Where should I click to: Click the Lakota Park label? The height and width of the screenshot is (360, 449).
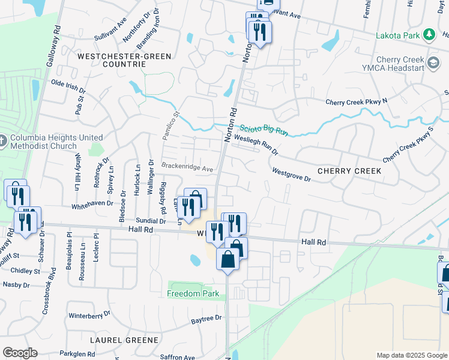(x=397, y=35)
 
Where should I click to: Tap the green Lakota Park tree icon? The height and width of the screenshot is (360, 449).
(x=429, y=35)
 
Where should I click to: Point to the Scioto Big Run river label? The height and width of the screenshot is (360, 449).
(x=265, y=130)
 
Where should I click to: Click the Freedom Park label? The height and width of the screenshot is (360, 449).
(x=193, y=294)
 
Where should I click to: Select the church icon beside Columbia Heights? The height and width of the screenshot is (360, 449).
(x=3, y=142)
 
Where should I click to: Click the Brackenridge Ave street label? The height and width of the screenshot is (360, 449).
(x=187, y=168)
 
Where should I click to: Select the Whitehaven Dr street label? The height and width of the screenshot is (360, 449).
(x=92, y=204)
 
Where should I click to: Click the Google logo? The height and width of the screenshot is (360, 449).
(x=20, y=353)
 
